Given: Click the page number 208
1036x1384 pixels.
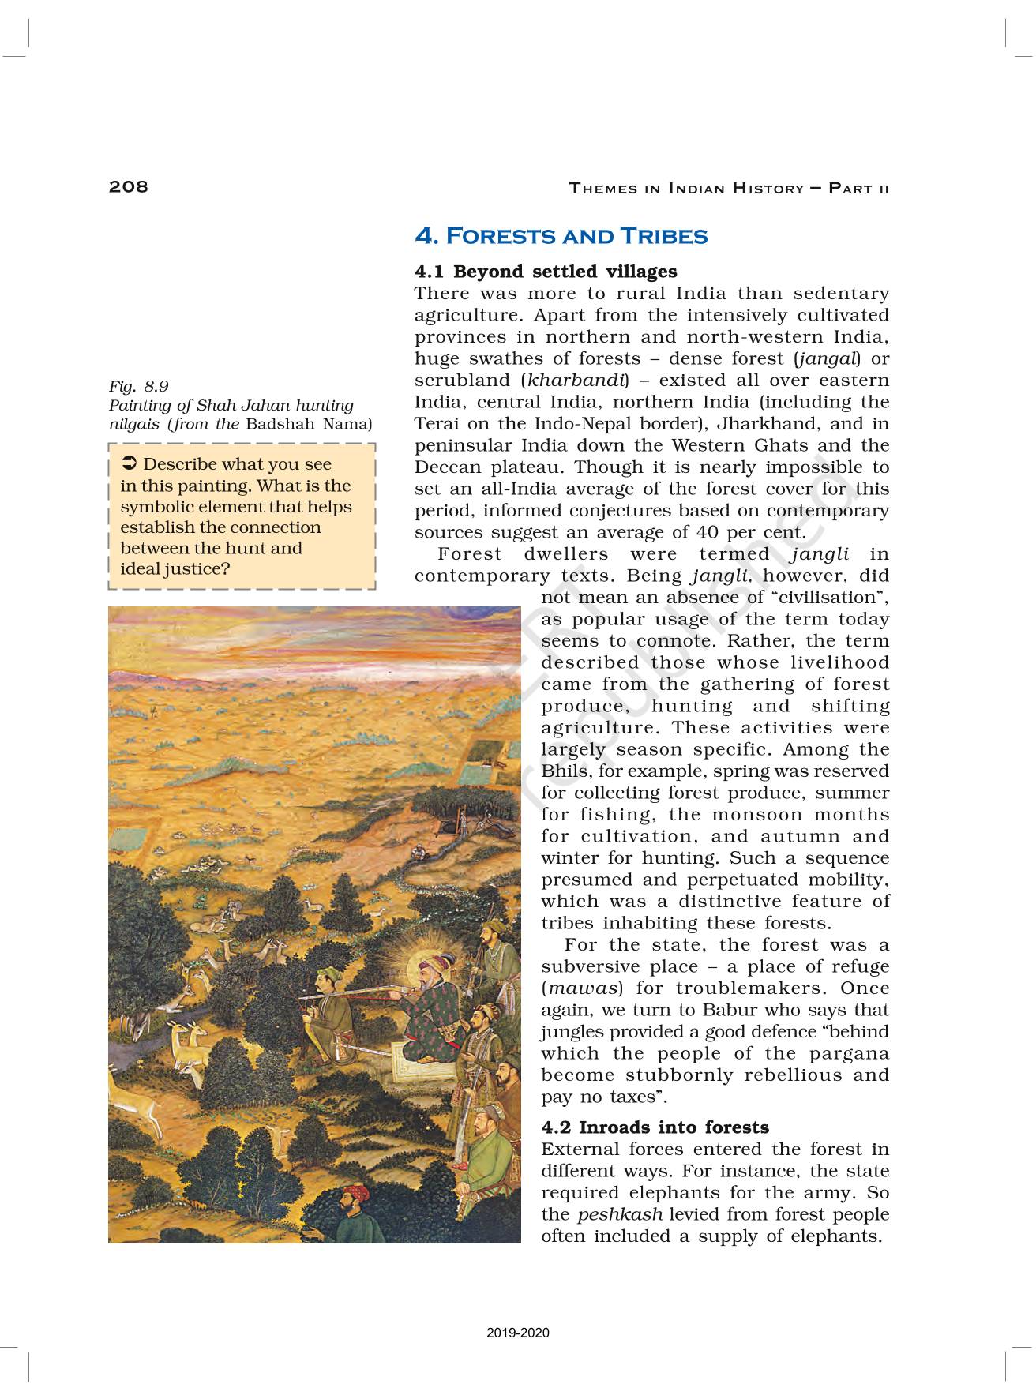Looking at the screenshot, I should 129,186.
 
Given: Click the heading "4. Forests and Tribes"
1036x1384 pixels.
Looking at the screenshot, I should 561,236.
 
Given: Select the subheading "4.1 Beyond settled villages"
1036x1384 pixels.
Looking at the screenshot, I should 546,272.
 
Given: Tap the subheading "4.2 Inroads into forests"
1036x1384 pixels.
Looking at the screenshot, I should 655,1127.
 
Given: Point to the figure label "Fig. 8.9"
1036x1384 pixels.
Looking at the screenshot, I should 138,386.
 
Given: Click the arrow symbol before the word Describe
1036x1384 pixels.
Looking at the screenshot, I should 130,463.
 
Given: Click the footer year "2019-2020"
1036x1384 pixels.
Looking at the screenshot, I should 518,1333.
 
